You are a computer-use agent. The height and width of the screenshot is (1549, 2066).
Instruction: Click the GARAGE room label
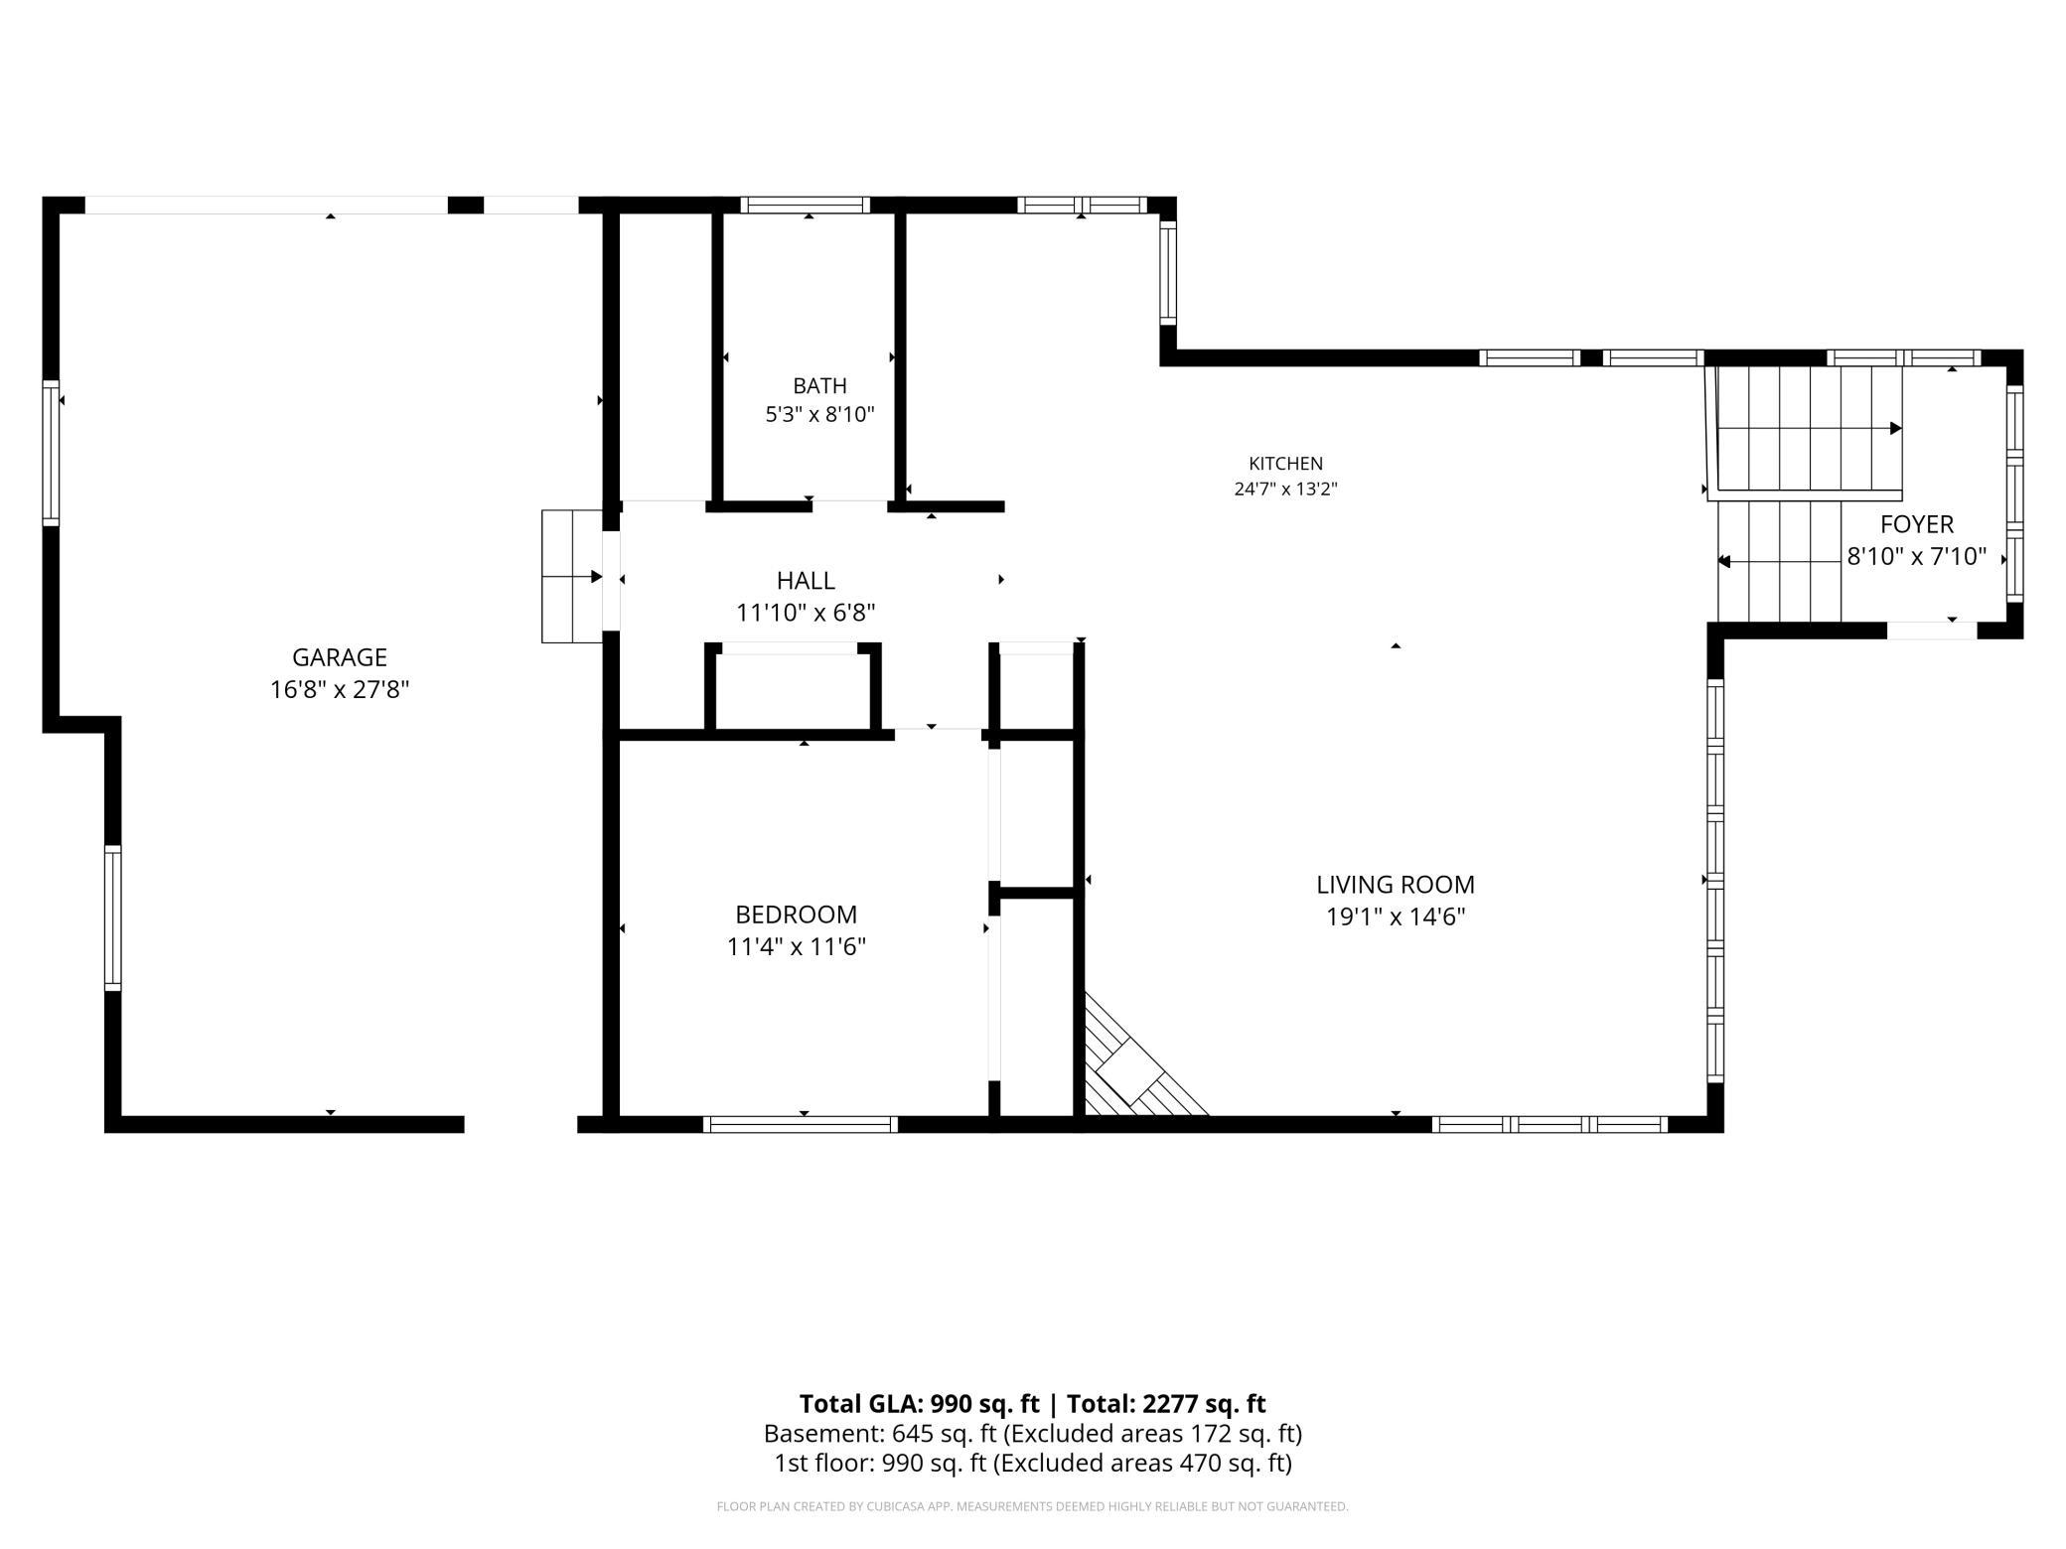340,657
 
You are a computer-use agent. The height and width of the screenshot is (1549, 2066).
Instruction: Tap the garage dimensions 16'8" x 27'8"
340,689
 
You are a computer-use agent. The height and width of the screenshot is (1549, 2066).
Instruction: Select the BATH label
819,385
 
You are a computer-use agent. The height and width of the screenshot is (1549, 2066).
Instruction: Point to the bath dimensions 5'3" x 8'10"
819,414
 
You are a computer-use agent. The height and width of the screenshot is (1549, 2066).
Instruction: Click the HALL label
806,581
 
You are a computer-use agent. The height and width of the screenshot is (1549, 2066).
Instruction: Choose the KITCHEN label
1285,464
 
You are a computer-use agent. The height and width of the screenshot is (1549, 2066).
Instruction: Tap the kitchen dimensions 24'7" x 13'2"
1285,489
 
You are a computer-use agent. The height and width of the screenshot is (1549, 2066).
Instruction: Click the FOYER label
1916,524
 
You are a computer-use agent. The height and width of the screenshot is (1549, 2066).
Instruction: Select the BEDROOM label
796,915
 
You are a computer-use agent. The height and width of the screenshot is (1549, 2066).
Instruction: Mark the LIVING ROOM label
1396,885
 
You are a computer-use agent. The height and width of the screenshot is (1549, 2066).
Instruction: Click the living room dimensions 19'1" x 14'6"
1396,916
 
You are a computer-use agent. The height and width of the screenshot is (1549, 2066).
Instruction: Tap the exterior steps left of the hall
572,576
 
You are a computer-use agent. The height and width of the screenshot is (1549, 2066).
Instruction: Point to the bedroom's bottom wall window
801,1124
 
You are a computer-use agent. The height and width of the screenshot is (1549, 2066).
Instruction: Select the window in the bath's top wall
805,206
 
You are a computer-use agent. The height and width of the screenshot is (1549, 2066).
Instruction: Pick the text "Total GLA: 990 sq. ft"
919,1404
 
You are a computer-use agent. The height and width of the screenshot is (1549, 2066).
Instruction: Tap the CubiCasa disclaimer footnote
1033,1507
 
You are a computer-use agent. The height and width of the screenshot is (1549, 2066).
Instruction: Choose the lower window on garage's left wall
113,917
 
